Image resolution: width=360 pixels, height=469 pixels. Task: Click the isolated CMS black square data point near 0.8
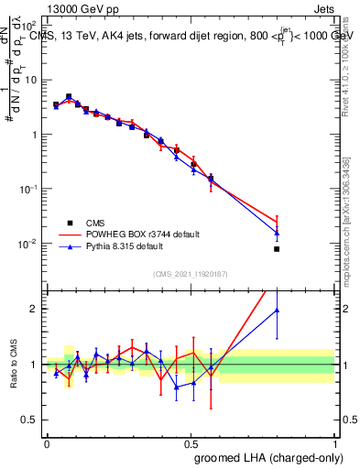point(277,248)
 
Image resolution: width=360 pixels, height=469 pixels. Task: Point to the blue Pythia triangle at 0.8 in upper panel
point(277,233)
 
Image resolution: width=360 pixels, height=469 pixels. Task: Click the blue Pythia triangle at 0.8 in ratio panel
point(277,311)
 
